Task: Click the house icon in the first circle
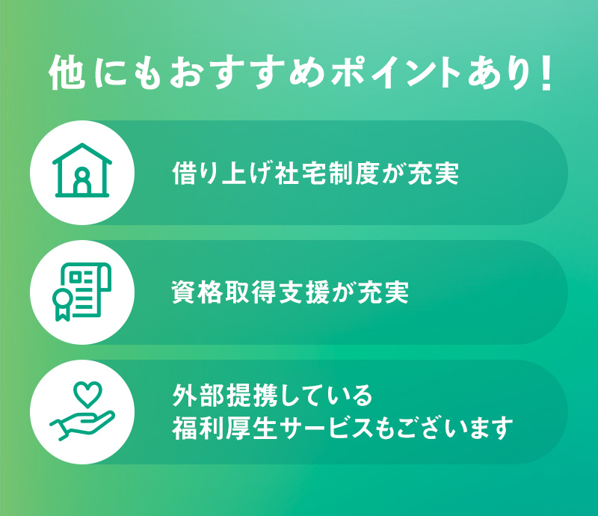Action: [x=82, y=171]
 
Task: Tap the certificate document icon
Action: [x=82, y=292]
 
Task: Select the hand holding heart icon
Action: [x=82, y=412]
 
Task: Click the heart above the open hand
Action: [x=87, y=394]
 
